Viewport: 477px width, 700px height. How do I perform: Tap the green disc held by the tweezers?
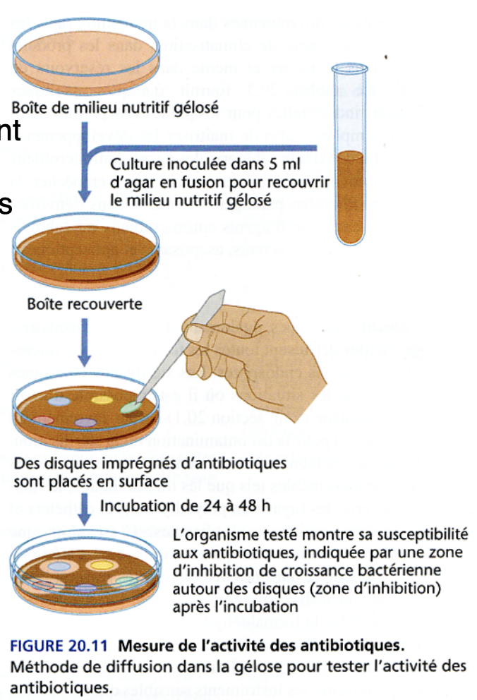pyautogui.click(x=131, y=408)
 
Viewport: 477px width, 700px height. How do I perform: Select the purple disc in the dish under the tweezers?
pyautogui.click(x=85, y=423)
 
